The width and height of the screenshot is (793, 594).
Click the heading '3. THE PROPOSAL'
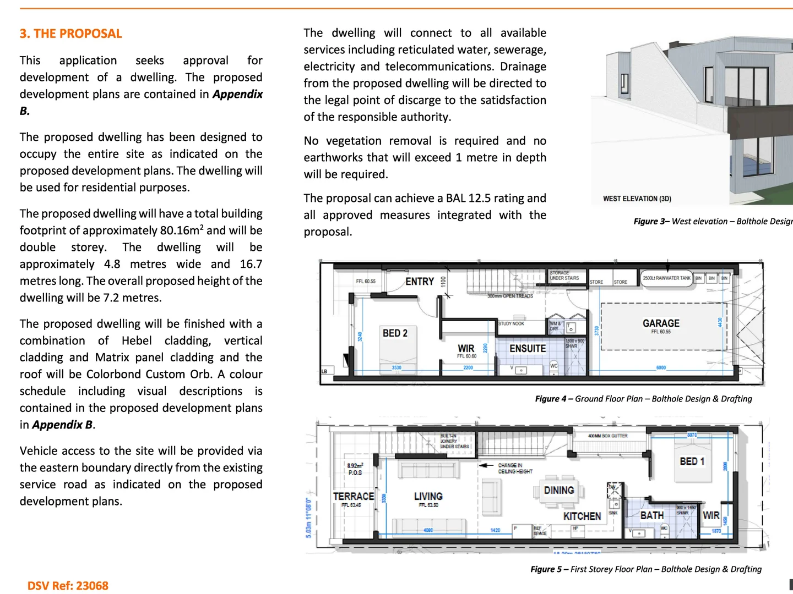[x=70, y=34]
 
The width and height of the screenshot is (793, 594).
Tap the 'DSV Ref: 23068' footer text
[x=68, y=586]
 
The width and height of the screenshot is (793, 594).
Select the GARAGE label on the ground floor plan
[x=661, y=323]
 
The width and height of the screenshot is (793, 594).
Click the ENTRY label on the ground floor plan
[x=420, y=282]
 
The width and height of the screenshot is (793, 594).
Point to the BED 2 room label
[x=395, y=333]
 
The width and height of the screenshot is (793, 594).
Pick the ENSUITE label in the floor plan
[x=528, y=349]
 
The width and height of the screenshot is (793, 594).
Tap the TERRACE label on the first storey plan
[x=353, y=496]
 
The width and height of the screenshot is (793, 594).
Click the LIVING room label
[x=428, y=496]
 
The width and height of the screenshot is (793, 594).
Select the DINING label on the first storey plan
[x=559, y=490]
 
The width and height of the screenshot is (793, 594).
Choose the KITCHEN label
[x=582, y=516]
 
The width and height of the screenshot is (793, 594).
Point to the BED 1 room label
[x=692, y=461]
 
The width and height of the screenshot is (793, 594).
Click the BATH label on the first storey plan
[x=651, y=515]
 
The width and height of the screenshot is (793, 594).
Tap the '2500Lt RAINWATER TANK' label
[x=666, y=278]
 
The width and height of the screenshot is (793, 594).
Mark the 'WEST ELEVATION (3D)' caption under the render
[x=637, y=199]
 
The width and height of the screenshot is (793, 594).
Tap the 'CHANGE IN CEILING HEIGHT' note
[x=515, y=468]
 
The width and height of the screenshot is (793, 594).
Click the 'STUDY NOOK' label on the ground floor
[x=511, y=323]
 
